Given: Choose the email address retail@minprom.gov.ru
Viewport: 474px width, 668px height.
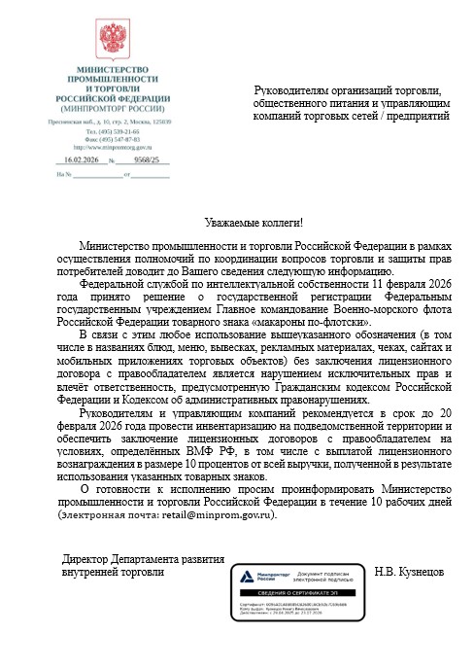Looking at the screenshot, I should pyautogui.click(x=220, y=514).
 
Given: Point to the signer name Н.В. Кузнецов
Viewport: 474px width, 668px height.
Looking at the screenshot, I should pyautogui.click(x=408, y=573).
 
